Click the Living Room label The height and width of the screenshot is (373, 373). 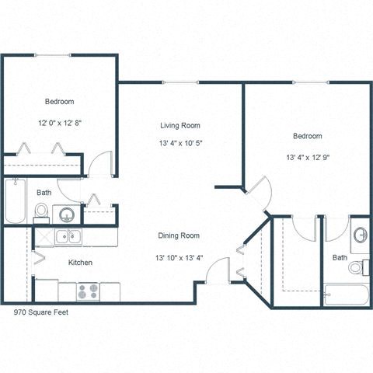click(180, 126)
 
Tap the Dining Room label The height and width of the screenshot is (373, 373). click(180, 235)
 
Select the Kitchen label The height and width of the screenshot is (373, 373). click(80, 263)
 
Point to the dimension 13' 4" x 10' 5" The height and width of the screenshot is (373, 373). click(180, 143)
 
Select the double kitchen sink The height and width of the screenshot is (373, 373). click(67, 237)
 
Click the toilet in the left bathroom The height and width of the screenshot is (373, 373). click(42, 211)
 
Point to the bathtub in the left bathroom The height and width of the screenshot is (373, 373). click(16, 200)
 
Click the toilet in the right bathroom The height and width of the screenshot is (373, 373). click(357, 267)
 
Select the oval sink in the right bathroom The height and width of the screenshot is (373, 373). click(361, 235)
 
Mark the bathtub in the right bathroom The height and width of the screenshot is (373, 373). click(347, 295)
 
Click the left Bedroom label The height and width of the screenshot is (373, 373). click(59, 102)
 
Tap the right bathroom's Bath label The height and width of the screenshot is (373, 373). click(340, 257)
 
